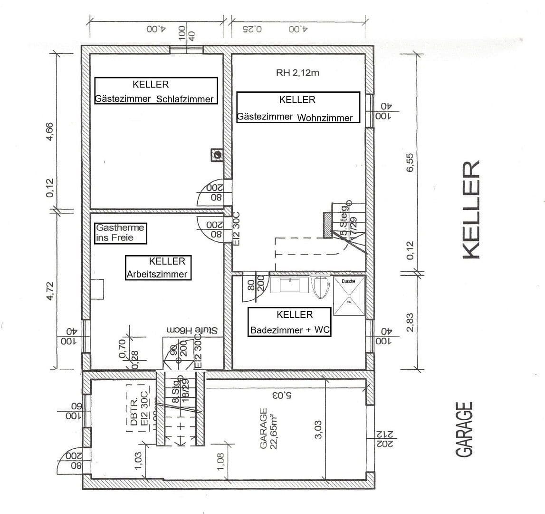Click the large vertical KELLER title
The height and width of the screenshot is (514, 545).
(x=471, y=209)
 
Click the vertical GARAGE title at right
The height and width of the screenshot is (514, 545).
(x=464, y=429)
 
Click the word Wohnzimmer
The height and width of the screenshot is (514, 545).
(x=325, y=118)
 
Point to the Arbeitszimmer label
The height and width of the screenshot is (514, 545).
(x=157, y=274)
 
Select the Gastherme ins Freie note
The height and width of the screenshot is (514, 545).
(x=120, y=233)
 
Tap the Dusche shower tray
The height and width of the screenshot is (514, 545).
(x=349, y=296)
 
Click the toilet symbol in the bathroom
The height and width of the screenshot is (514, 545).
(x=321, y=287)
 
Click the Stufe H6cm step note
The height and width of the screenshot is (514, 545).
(x=191, y=329)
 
